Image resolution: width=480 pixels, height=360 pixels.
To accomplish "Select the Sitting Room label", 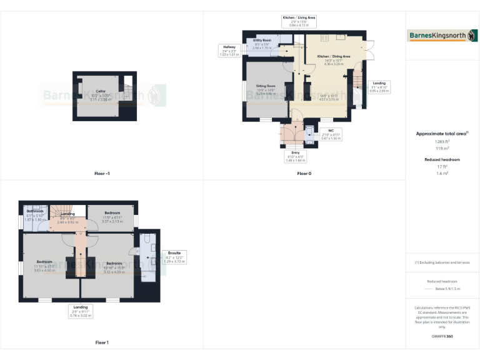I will pyautogui.click(x=266, y=89).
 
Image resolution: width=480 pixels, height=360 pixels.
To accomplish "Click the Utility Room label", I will pyautogui.click(x=262, y=43).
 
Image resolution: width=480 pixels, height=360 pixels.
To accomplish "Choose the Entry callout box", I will pyautogui.click(x=294, y=156).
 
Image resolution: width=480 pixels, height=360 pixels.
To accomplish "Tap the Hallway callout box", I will pyautogui.click(x=229, y=51).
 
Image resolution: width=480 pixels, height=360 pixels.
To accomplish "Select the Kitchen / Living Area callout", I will pyautogui.click(x=299, y=22).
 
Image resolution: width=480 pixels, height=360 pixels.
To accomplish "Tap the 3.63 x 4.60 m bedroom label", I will pyautogui.click(x=44, y=266).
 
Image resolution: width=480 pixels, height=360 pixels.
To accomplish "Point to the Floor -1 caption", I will pyautogui.click(x=102, y=173).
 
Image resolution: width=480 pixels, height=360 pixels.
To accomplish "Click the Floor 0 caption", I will pyautogui.click(x=304, y=173).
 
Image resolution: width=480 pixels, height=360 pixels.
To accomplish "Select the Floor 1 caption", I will pyautogui.click(x=102, y=342).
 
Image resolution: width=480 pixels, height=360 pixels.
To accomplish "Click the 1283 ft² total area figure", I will pyautogui.click(x=442, y=141).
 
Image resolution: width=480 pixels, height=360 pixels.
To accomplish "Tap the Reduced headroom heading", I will pyautogui.click(x=442, y=160).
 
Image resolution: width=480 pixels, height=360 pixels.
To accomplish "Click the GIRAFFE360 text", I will pyautogui.click(x=442, y=336).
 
